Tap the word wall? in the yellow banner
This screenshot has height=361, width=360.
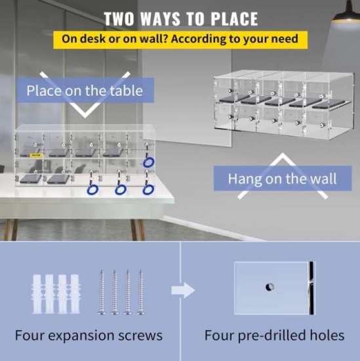(152, 39)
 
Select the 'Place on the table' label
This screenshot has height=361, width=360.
(85, 91)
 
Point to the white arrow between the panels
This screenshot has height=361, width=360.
(183, 290)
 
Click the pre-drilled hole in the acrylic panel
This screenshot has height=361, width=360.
(270, 287)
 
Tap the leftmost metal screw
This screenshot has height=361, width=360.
(102, 292)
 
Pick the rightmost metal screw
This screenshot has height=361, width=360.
(140, 292)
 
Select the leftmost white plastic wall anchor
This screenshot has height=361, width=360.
(37, 294)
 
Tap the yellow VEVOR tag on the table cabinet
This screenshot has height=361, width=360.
(35, 156)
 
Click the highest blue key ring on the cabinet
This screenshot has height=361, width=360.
(148, 162)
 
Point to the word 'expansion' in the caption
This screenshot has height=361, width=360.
(81, 335)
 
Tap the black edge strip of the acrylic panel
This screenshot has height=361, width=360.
(311, 288)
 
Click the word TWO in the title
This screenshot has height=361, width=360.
(119, 19)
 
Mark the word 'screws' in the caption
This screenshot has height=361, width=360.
(140, 336)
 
